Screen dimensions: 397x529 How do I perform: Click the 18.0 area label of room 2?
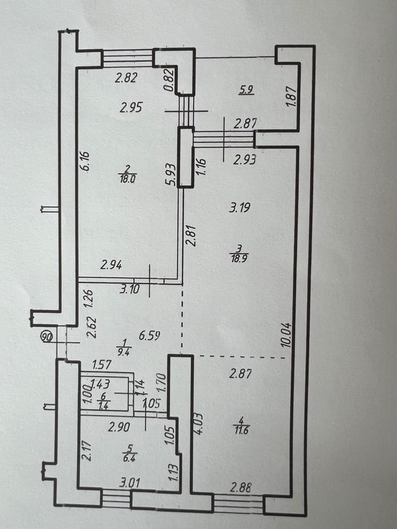[x=127, y=179]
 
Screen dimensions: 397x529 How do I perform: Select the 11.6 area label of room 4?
[x=241, y=430]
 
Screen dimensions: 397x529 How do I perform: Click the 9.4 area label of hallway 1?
[x=123, y=353]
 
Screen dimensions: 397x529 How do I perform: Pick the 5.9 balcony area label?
[x=246, y=90]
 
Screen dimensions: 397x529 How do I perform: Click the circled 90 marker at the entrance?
[x=47, y=336]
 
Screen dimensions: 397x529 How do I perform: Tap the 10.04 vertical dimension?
[x=286, y=335]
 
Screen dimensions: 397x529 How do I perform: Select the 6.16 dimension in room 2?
[x=85, y=162]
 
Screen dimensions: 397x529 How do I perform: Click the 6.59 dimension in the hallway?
[x=149, y=335]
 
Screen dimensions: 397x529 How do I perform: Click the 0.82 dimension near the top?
[x=169, y=80]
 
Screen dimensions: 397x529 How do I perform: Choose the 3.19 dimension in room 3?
[x=240, y=207]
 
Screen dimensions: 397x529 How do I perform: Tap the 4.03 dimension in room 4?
[x=198, y=423]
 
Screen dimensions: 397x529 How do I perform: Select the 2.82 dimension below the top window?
[x=126, y=78]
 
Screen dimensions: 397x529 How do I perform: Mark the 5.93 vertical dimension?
[x=171, y=175]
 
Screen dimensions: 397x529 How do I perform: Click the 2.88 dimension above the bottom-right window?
[x=240, y=488]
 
